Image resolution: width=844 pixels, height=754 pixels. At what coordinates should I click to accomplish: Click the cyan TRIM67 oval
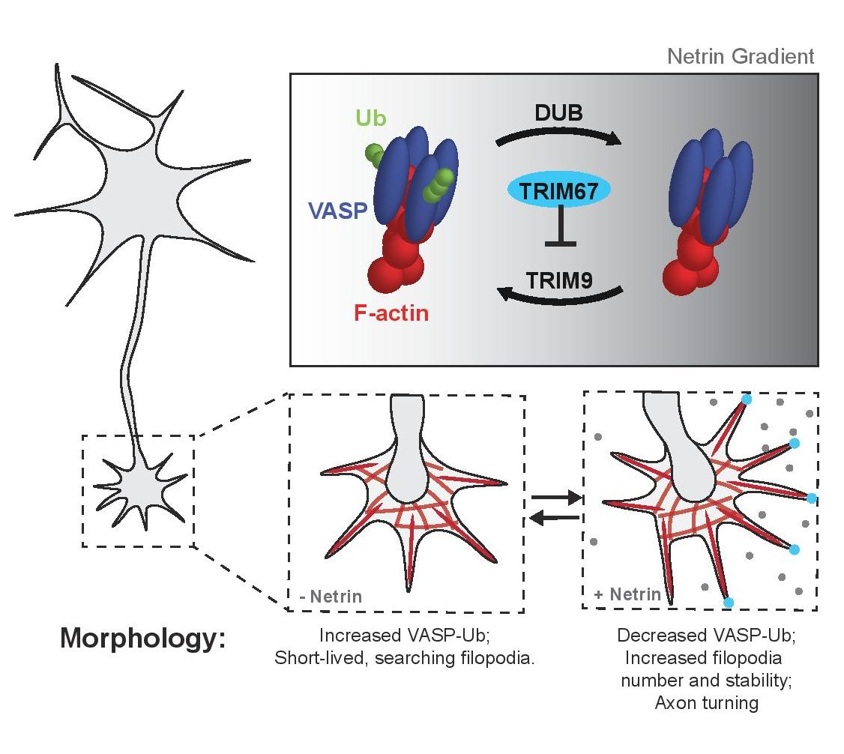tap(560, 192)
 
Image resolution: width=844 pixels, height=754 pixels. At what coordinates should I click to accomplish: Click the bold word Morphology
tap(142, 639)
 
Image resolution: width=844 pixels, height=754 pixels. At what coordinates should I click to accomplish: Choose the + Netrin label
tap(627, 595)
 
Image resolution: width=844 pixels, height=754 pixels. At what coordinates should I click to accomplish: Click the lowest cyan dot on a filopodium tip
tap(727, 602)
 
